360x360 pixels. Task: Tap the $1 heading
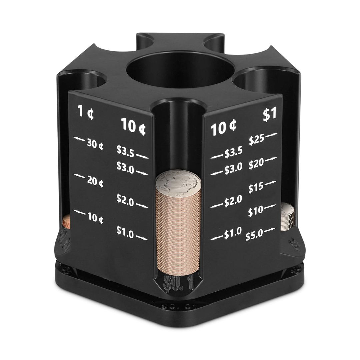(x=270, y=114)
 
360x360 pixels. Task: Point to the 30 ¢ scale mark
(x=95, y=144)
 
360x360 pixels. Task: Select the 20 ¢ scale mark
(x=95, y=182)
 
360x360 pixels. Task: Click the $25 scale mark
(x=257, y=140)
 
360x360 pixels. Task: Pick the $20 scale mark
(x=256, y=164)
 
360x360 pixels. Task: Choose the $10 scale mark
(x=256, y=211)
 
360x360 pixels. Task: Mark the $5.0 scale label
(x=254, y=236)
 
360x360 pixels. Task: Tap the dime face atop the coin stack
(x=178, y=184)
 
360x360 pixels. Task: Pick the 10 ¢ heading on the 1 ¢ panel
(x=133, y=126)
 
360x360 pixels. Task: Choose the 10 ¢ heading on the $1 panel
(x=224, y=128)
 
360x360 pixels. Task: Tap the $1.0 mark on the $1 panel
(x=232, y=234)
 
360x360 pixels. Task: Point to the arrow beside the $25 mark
(x=272, y=135)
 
